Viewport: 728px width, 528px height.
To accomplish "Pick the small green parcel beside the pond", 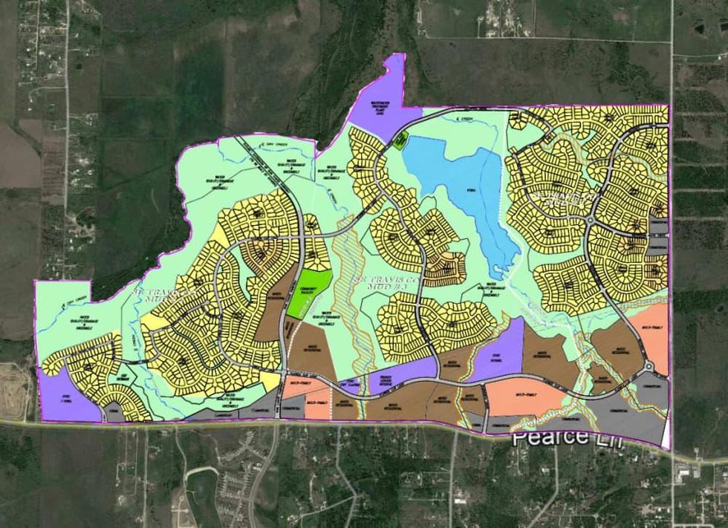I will click(x=400, y=141).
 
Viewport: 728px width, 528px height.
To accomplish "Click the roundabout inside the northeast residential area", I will click(x=591, y=220).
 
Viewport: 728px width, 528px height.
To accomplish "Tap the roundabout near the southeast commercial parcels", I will click(x=649, y=366).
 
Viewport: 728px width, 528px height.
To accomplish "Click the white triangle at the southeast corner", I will click(x=666, y=434).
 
